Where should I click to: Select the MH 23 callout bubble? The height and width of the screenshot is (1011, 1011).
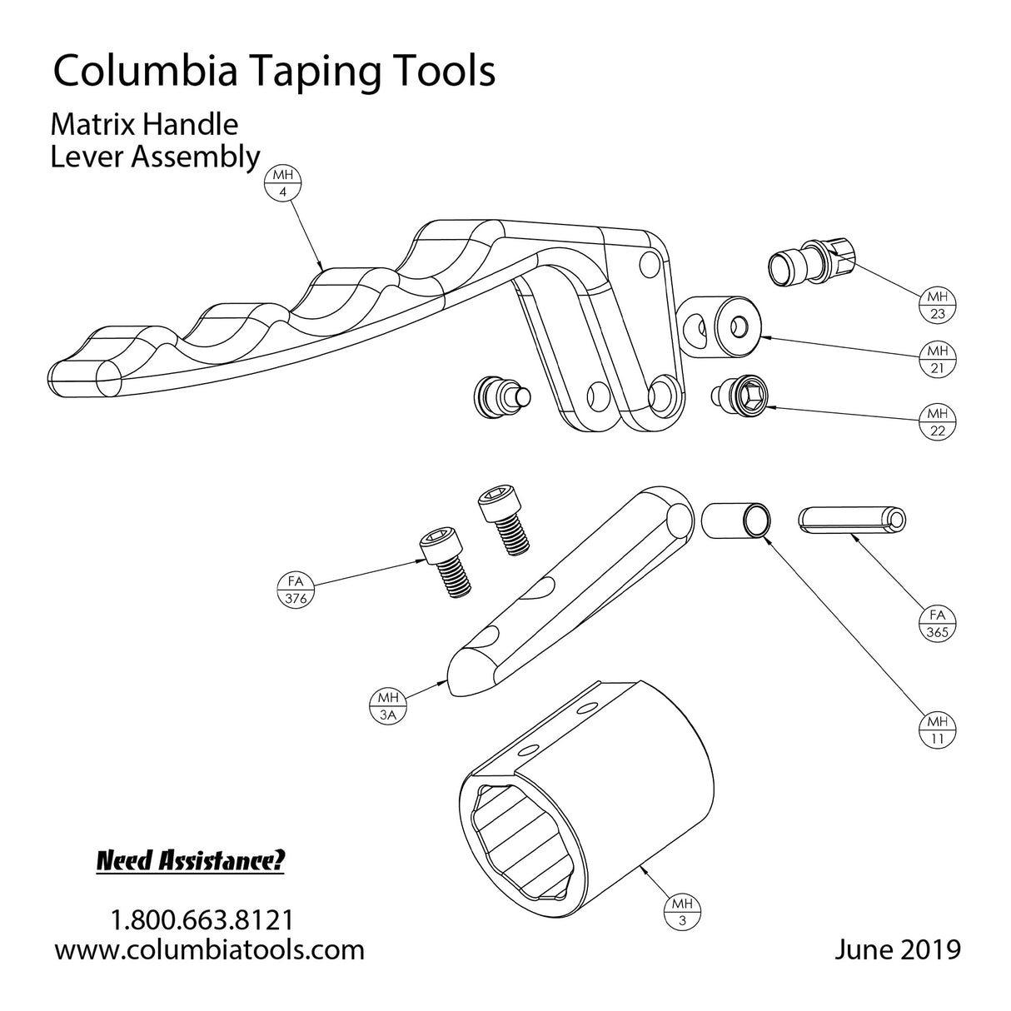pyautogui.click(x=937, y=306)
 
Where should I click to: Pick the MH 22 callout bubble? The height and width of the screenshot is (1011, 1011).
pyautogui.click(x=937, y=421)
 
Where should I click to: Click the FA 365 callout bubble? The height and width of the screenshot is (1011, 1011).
pyautogui.click(x=937, y=624)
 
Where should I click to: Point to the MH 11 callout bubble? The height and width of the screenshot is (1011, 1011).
pyautogui.click(x=937, y=730)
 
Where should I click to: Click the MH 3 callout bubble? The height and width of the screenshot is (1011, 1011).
pyautogui.click(x=683, y=912)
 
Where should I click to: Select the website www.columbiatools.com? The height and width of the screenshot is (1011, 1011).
pyautogui.click(x=209, y=949)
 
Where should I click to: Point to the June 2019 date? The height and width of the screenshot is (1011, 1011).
pyautogui.click(x=897, y=949)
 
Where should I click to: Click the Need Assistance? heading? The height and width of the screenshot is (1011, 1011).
pyautogui.click(x=191, y=860)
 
